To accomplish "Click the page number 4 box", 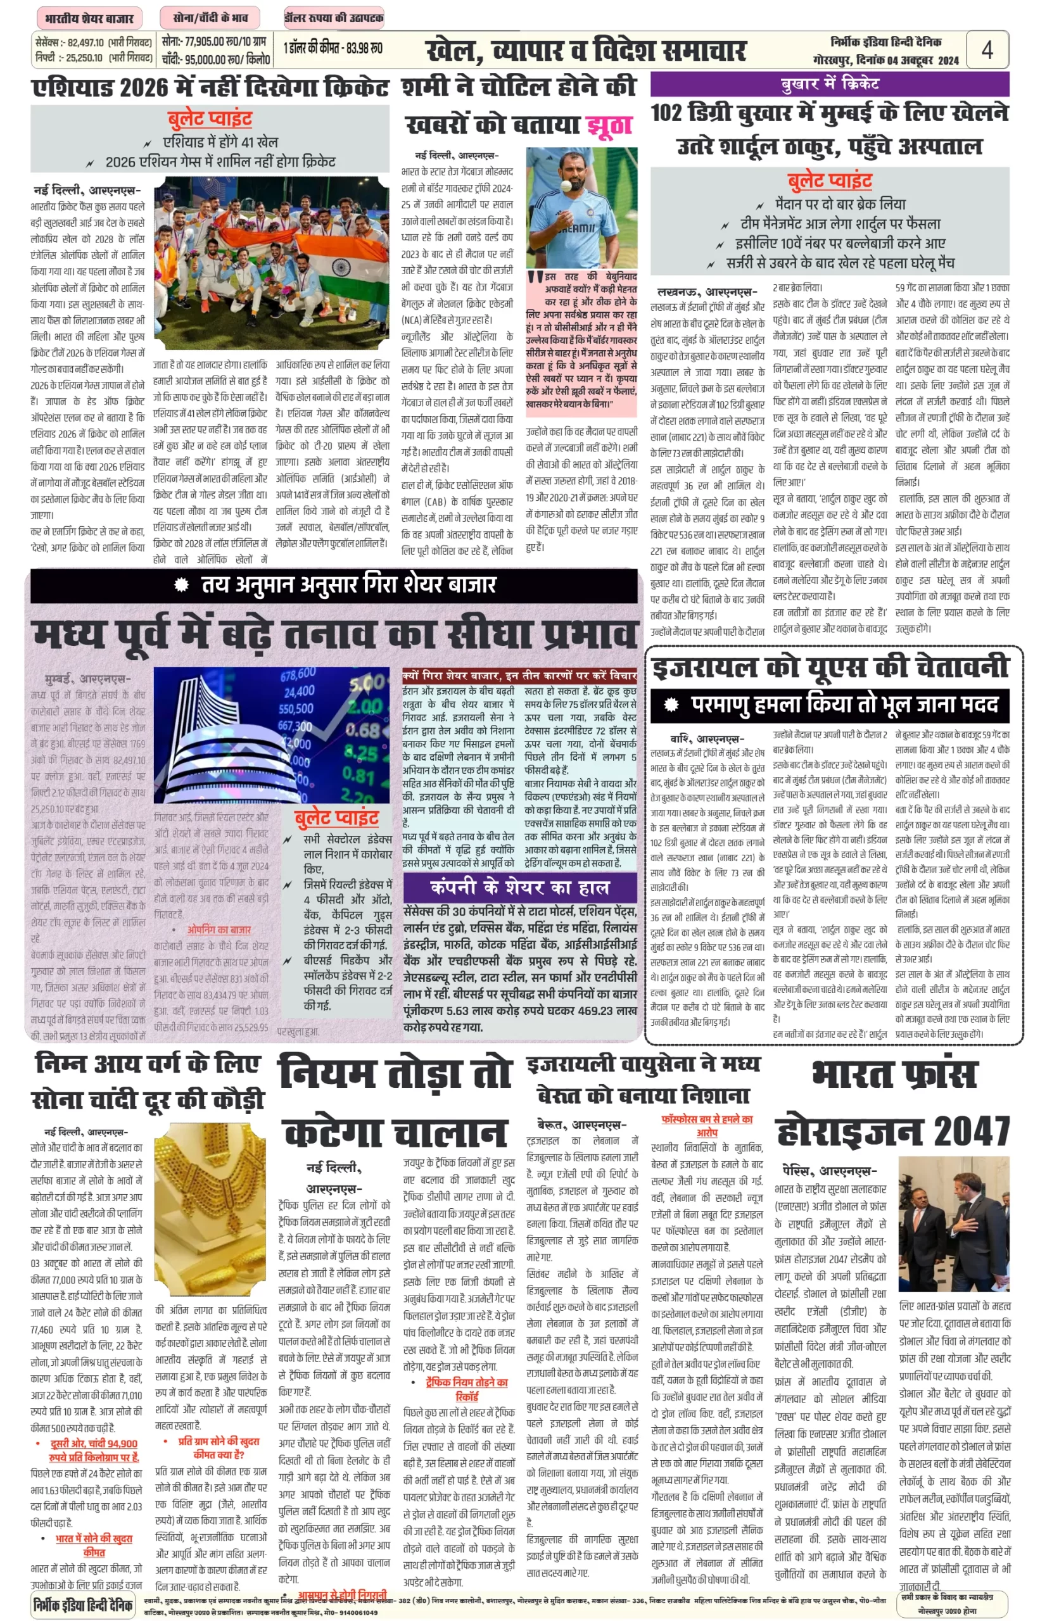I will tap(987, 50).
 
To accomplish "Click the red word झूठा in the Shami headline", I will tap(609, 125).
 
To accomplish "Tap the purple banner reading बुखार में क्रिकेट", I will tap(829, 84).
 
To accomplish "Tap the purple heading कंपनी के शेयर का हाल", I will tap(519, 886).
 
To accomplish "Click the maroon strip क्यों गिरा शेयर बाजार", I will tap(519, 675).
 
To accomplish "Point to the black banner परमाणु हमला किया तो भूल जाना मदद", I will tap(829, 705).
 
